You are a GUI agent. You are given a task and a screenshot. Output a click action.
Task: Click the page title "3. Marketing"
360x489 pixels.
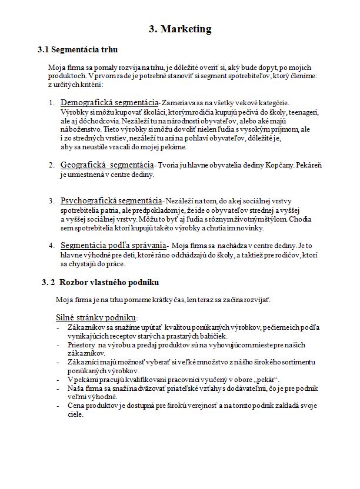pyautogui.click(x=179, y=29)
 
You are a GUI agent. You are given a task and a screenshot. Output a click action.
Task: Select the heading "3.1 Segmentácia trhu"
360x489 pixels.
pyautogui.click(x=81, y=49)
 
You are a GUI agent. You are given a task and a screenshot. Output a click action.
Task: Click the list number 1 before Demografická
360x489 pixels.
pyautogui.click(x=52, y=103)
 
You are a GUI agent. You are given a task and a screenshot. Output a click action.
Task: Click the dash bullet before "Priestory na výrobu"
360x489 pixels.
pyautogui.click(x=58, y=345)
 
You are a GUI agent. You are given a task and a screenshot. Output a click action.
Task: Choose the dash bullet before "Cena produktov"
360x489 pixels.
pyautogui.click(x=58, y=406)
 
